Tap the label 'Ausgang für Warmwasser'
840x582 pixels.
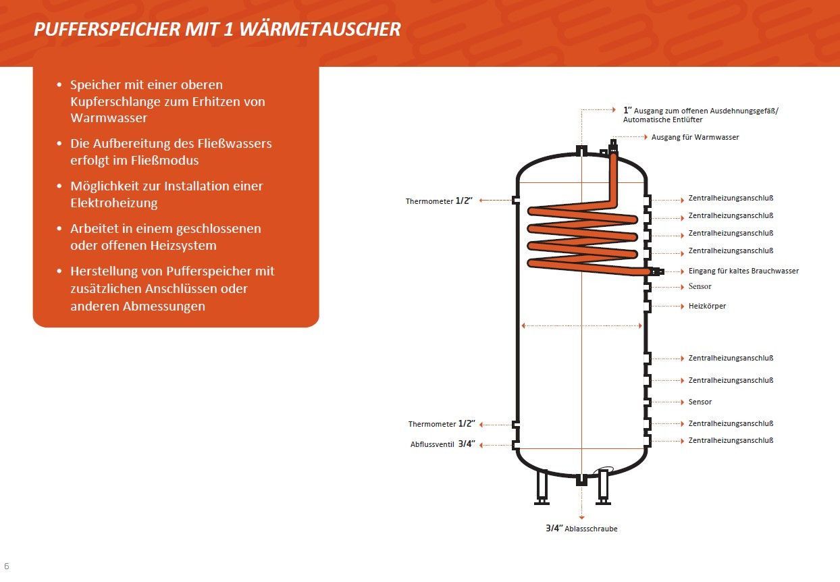tap(695, 137)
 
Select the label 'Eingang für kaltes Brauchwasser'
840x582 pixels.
tap(743, 271)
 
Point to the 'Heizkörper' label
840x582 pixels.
tap(707, 306)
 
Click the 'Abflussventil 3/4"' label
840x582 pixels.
tap(443, 444)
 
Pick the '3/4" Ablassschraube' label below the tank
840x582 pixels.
tap(581, 529)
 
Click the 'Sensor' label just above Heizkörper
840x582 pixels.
tap(700, 286)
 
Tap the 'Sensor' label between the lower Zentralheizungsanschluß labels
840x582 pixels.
tap(700, 402)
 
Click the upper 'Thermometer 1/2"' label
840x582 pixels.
tap(439, 201)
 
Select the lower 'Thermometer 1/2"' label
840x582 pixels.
tap(442, 424)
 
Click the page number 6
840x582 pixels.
tap(7, 566)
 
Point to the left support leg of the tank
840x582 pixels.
tap(542, 487)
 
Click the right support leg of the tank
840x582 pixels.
tap(603, 487)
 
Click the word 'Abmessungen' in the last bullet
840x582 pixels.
tap(161, 306)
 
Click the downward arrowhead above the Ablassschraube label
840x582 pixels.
tap(581, 517)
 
